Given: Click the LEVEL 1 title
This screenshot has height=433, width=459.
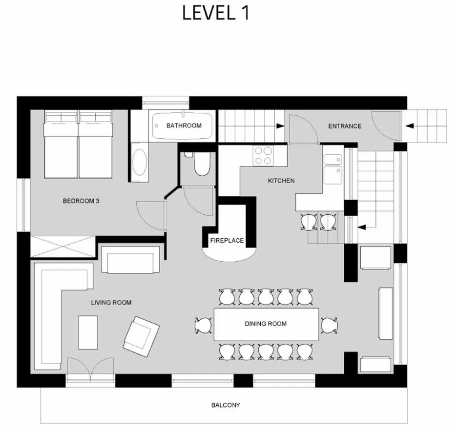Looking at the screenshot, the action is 216,13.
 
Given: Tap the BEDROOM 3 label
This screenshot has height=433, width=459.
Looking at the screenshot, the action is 81,201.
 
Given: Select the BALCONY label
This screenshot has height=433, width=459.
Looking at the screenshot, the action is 226,405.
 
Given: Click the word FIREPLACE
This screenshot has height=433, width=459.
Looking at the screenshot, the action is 227,241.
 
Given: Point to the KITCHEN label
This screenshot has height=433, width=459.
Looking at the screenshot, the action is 281,181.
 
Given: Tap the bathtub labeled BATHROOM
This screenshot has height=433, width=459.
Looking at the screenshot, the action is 182,126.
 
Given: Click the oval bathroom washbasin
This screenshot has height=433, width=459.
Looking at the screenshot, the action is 140,162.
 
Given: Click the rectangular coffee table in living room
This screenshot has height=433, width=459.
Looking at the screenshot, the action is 88,332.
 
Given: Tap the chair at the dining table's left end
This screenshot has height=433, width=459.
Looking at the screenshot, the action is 204,325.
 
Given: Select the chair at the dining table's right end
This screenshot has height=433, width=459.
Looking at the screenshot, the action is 329,325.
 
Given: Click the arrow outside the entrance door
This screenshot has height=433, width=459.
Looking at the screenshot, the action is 409,126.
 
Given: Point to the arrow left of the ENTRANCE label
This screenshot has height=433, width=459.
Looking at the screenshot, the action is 280,126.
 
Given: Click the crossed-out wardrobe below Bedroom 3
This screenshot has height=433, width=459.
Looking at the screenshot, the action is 63,247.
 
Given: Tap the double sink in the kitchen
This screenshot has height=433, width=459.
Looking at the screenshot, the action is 333,169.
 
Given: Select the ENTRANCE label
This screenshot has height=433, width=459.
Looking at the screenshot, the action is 345,126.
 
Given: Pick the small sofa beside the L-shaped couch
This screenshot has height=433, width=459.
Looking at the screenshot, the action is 130,260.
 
